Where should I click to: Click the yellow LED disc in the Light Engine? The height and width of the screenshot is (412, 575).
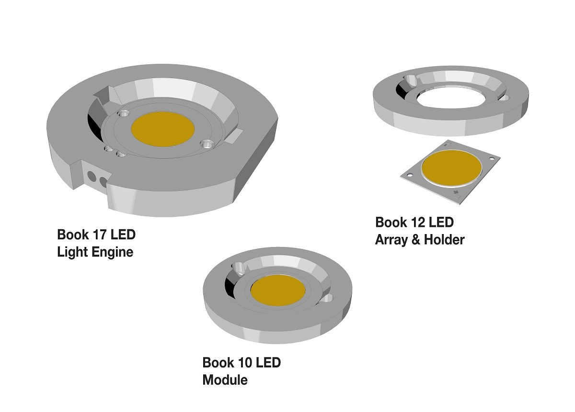click(x=162, y=129)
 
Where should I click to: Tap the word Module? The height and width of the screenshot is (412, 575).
click(x=225, y=380)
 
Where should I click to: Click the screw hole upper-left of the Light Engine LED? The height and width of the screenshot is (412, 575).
click(x=124, y=114)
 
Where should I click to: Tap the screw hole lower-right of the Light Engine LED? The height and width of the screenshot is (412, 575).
click(x=207, y=143)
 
